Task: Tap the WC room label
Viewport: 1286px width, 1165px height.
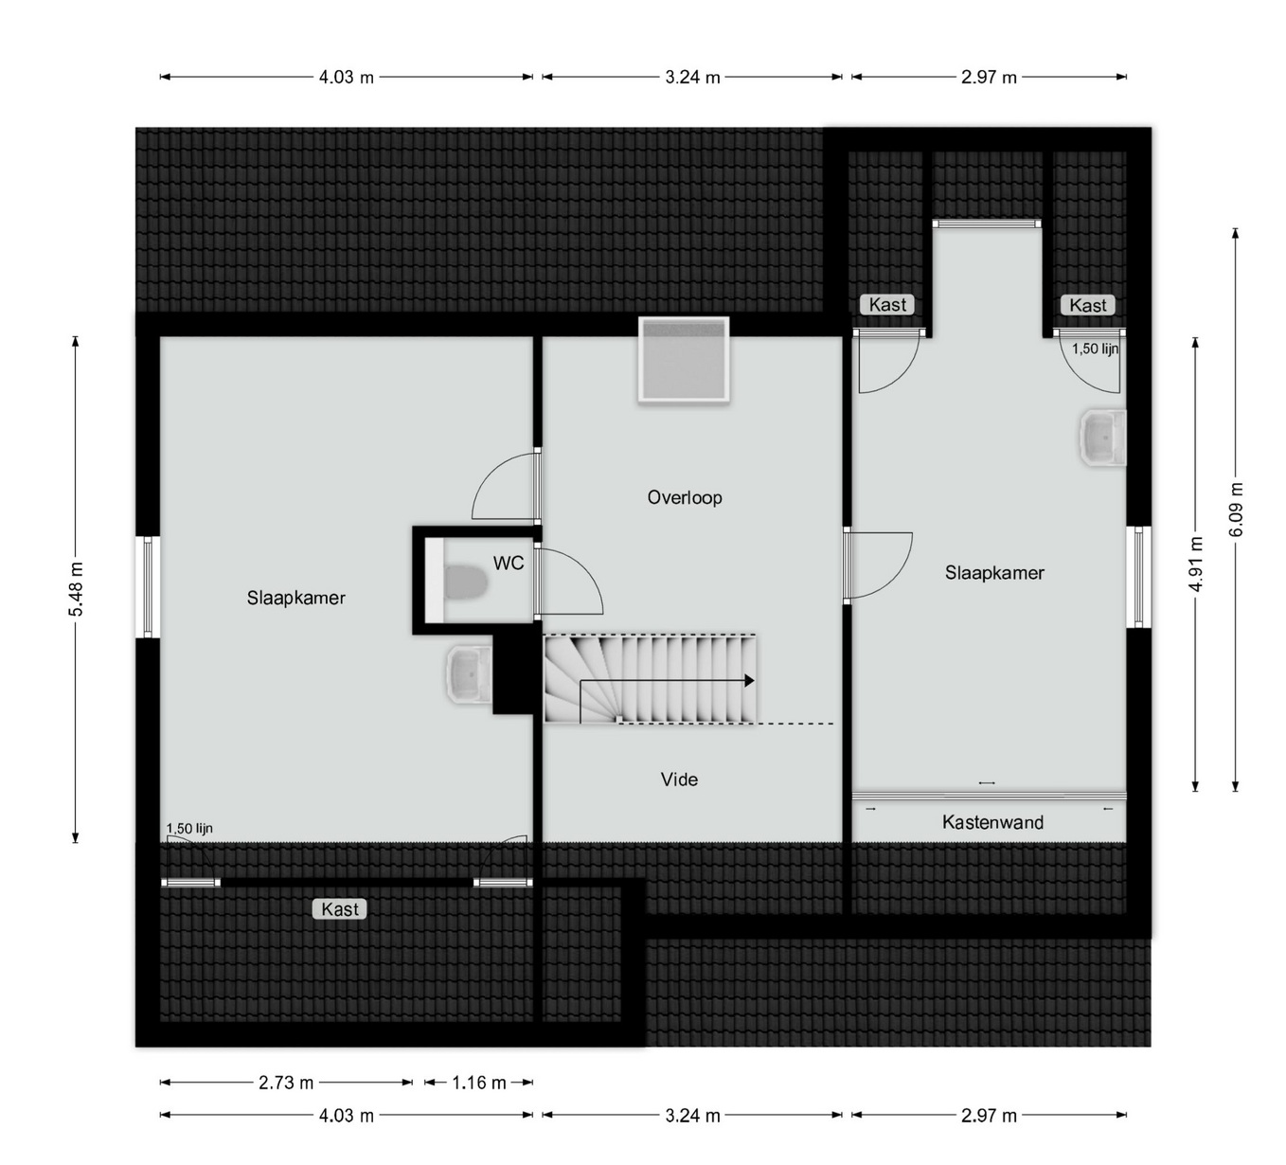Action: coord(509,563)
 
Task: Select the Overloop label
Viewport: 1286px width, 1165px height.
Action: coord(685,497)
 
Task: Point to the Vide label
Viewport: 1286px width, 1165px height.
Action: coord(679,780)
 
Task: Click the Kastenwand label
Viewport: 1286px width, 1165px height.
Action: coord(992,822)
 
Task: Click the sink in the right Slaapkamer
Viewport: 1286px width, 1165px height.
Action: coord(1103,438)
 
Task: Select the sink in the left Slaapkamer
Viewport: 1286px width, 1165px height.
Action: coord(470,673)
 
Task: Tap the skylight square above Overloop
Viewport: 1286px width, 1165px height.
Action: coord(684,360)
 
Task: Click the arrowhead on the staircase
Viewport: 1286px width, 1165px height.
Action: coord(749,681)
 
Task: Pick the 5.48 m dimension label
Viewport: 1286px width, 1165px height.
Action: coord(77,589)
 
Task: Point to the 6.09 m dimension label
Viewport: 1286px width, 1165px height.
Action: coord(1236,509)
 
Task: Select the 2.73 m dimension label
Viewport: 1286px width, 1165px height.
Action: coord(286,1083)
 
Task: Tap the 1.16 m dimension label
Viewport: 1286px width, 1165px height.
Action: coord(479,1083)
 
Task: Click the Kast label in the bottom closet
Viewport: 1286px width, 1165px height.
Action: coord(340,909)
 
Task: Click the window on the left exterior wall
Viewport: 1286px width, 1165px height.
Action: coord(148,586)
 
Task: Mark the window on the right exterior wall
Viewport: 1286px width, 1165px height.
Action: coord(1138,577)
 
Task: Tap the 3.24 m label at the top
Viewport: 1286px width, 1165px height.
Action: coord(692,78)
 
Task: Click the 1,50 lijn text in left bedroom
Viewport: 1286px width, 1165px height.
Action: coord(189,829)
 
